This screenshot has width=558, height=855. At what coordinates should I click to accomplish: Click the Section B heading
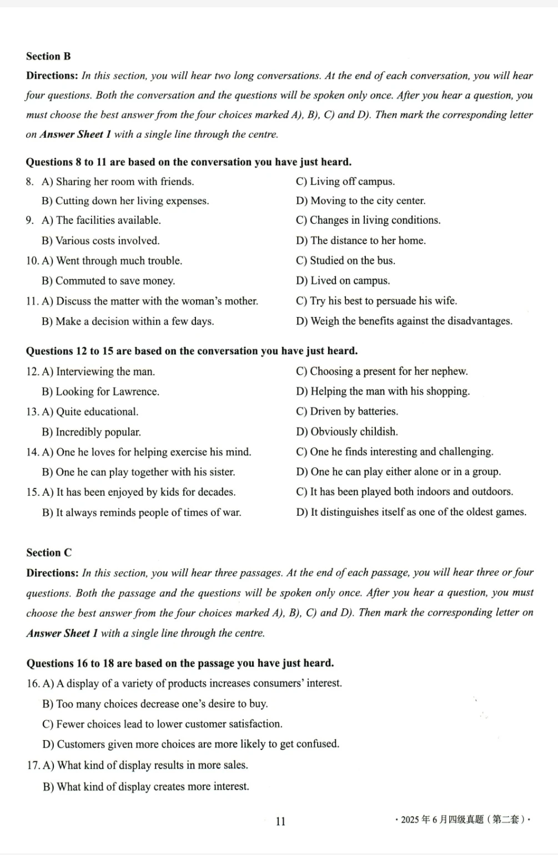point(48,56)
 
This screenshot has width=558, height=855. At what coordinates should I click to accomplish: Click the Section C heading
point(49,552)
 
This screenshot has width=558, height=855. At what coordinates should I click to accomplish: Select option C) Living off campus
point(345,182)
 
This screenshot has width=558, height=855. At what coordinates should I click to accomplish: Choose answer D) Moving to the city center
point(360,201)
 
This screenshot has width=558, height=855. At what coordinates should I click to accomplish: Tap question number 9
point(30,220)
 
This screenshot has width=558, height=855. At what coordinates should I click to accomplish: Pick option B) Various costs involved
point(100,240)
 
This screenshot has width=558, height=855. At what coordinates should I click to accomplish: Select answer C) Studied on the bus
point(345,260)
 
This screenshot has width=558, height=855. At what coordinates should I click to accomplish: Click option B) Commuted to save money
point(108,281)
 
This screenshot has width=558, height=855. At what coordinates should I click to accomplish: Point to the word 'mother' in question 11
point(241,301)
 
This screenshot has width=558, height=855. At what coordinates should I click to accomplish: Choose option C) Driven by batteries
point(347,411)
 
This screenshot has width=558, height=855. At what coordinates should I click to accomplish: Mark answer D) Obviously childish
point(347,431)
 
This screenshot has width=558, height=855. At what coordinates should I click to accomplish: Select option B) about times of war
point(142,512)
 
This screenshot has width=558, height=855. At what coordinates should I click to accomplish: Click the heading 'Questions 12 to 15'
point(192,351)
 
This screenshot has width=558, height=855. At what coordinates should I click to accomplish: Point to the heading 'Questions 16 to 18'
point(180,663)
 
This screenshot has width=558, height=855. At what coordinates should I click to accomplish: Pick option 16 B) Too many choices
point(155,704)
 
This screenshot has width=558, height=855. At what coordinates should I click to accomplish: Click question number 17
point(33,765)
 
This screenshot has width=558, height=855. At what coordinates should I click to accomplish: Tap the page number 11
point(280,821)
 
